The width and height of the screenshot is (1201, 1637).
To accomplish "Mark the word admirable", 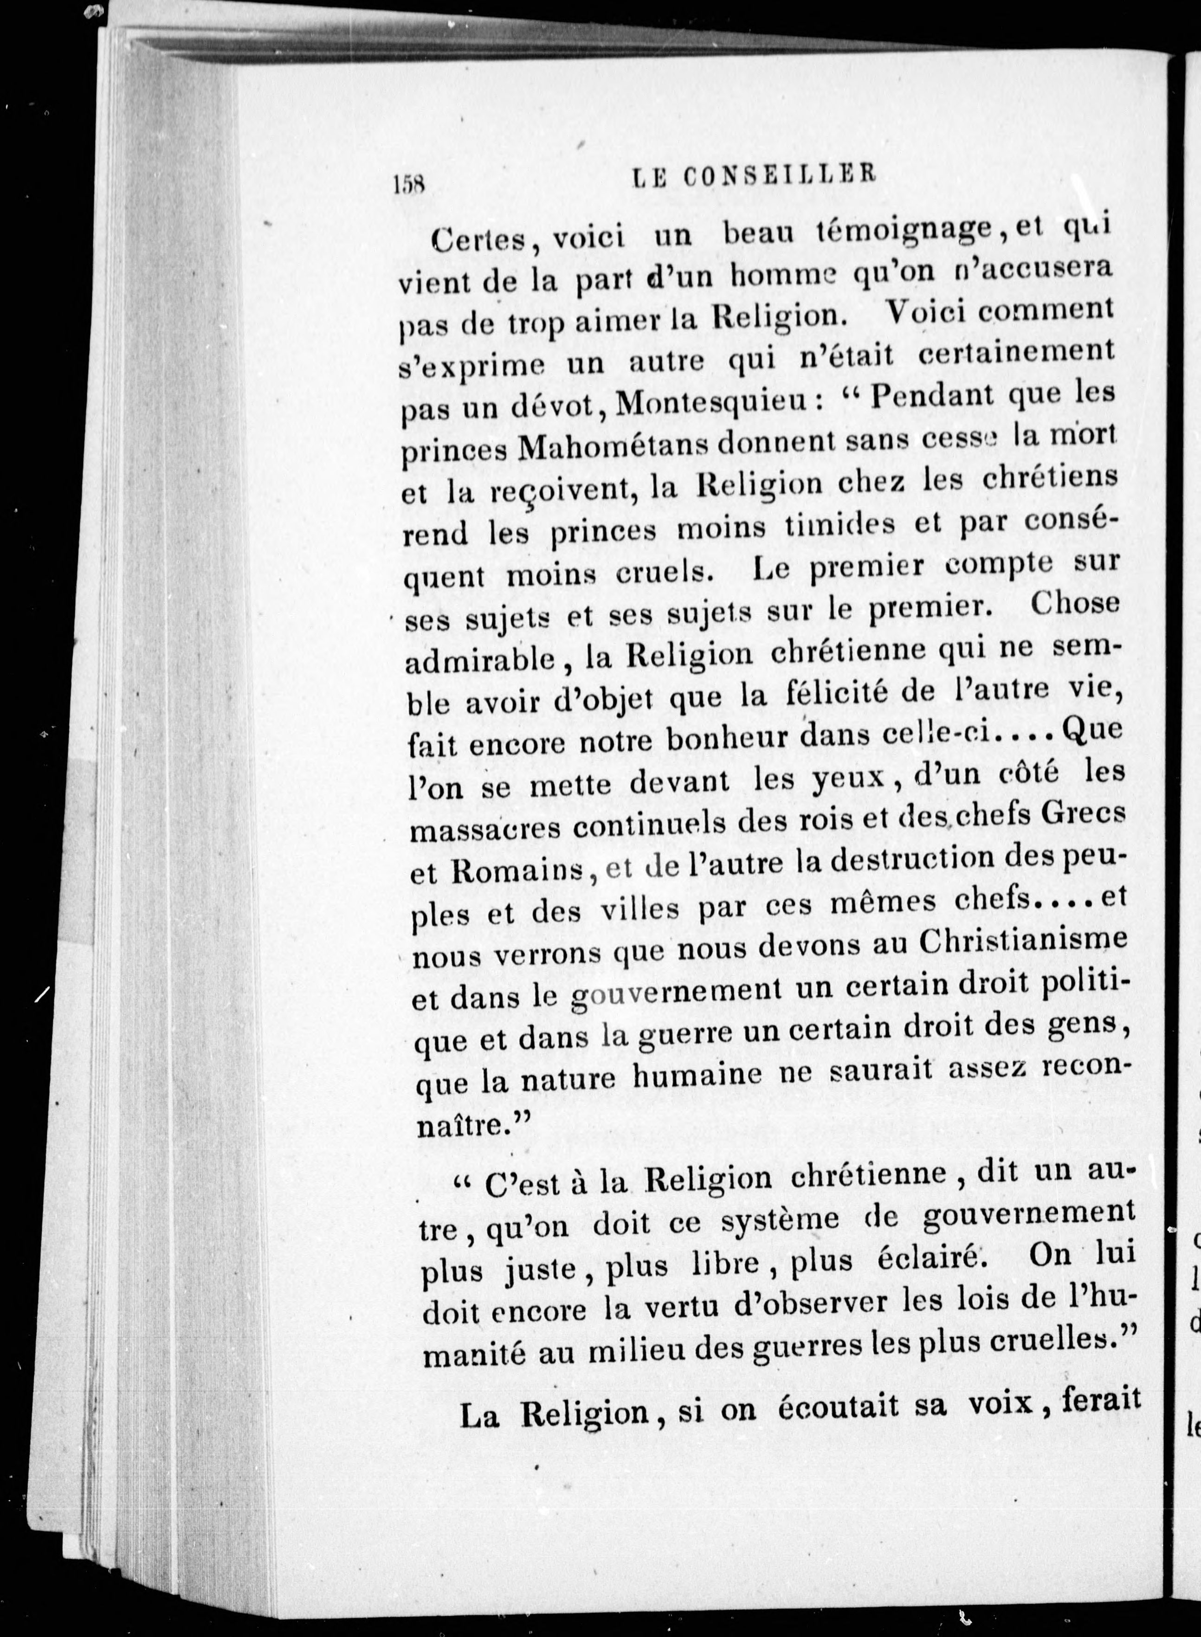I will point(483,662).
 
